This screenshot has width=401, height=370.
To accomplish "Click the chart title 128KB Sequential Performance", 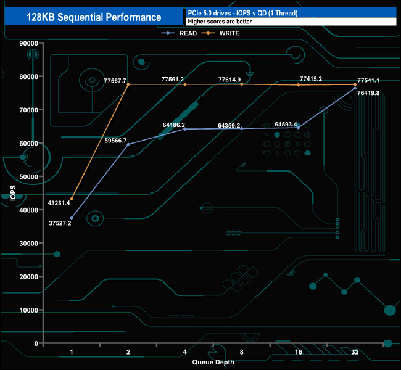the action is pos(94,17).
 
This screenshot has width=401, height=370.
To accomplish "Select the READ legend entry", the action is pos(179,33).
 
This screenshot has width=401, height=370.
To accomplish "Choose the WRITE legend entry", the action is pos(220,33).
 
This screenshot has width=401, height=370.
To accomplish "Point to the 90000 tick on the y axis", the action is pos(28,43).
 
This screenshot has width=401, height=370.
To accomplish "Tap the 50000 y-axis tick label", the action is pos(28,177).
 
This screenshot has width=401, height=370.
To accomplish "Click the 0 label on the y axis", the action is pos(36,343).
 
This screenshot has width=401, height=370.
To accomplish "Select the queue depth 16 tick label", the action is pos(298,352).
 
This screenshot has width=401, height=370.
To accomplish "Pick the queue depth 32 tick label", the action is pos(355,352).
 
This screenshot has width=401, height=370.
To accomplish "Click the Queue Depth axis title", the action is pos(213,362).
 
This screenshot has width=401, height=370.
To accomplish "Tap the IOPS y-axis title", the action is pos(13,193).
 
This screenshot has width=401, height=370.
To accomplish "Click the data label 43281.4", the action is pos(59,203).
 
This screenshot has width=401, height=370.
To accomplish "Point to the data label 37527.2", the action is pos(60,223).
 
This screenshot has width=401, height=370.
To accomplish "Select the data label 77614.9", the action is pos(229,80).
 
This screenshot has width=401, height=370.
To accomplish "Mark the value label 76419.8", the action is pos(368,93).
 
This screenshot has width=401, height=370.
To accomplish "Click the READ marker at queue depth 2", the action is pos(128,144).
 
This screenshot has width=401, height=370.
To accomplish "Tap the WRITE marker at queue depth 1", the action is pos(72,199).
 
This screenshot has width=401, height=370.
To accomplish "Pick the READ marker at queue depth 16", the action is pos(299,128).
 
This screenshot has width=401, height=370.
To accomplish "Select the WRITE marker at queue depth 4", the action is pos(185,84).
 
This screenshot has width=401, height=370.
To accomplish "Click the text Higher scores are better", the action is pos(220,22).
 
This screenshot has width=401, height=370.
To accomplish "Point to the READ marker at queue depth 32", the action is pos(355,88).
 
